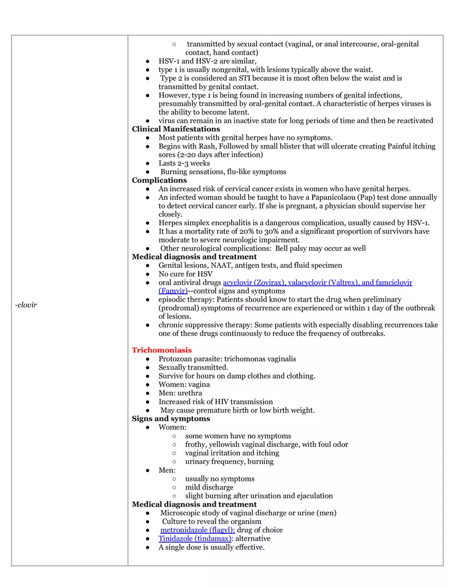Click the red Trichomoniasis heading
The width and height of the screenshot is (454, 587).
[x=161, y=350]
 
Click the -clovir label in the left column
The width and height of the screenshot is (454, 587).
[x=26, y=305]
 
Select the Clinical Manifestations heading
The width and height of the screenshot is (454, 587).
[x=176, y=129]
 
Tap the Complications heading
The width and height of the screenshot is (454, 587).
[x=159, y=180]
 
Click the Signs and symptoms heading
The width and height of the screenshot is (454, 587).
[x=171, y=419]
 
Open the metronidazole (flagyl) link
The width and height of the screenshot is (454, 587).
[x=197, y=530]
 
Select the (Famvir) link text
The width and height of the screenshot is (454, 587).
[x=173, y=291]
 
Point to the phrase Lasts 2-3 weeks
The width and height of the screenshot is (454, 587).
[x=184, y=163]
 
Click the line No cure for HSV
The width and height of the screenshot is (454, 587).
[x=185, y=274]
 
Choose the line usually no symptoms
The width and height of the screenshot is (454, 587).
[x=220, y=479]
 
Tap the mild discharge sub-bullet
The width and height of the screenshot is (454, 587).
[x=209, y=488]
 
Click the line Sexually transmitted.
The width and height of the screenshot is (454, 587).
[x=193, y=367]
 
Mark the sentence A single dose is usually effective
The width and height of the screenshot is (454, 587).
[x=212, y=547]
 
